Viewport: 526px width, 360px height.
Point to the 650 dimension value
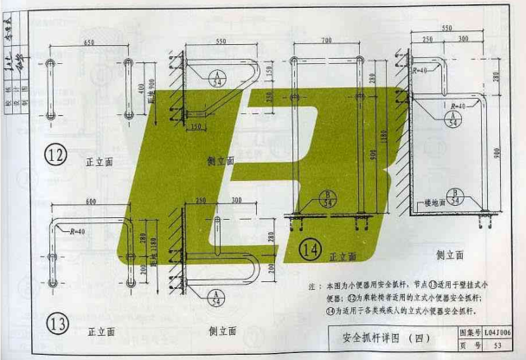coord(89,42)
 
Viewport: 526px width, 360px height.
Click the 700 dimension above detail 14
coord(326,41)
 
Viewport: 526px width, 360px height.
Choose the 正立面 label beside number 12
coord(100,161)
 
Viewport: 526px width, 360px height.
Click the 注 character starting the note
coord(311,286)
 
